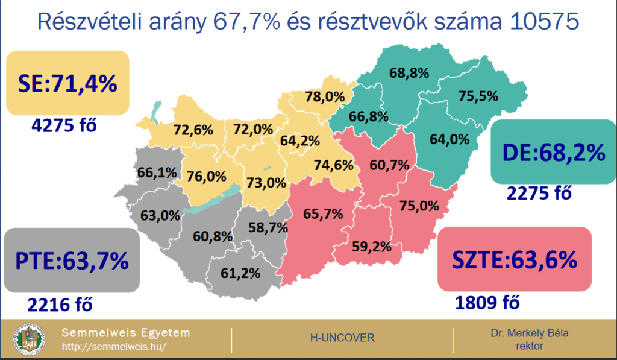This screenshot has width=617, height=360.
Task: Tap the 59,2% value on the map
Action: [372, 246]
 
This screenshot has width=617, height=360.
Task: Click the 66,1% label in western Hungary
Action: [157, 172]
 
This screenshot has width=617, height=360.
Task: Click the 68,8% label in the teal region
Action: [409, 74]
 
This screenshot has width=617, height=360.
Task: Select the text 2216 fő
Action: [60, 305]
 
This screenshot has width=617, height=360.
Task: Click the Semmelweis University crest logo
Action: [30, 340]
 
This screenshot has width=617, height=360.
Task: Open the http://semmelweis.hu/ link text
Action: [114, 347]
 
